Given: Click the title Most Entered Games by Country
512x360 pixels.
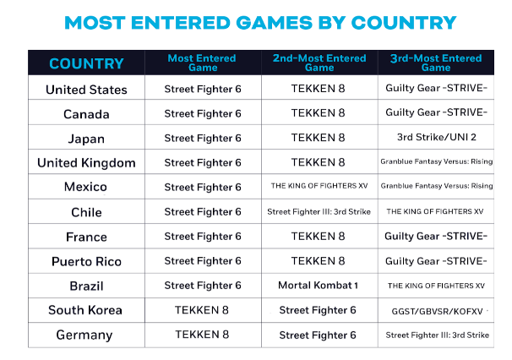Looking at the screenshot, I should click(x=260, y=22).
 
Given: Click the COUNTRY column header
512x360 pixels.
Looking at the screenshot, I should click(x=86, y=63).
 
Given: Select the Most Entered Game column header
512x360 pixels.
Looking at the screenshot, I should click(x=203, y=63).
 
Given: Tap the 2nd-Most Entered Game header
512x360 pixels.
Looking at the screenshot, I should click(x=319, y=63).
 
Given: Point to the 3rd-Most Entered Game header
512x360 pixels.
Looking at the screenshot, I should click(x=436, y=63).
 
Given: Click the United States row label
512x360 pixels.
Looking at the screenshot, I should click(x=86, y=89).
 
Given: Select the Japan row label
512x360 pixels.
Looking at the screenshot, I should click(x=86, y=138).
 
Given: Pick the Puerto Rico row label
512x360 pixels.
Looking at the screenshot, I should click(x=86, y=261).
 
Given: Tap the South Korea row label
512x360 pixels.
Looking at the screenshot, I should click(x=86, y=310).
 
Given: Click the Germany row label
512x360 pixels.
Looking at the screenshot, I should click(x=86, y=335).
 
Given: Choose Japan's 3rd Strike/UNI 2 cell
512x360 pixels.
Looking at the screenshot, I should click(x=436, y=138).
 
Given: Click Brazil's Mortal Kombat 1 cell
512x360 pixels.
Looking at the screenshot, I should click(x=319, y=286).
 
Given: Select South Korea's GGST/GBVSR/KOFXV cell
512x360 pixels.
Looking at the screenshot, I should click(x=436, y=311).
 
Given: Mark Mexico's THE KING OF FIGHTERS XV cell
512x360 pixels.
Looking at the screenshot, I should click(x=319, y=187).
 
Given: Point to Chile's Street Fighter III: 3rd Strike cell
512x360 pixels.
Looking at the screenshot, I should click(x=319, y=212).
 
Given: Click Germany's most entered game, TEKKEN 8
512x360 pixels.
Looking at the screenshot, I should click(x=203, y=335).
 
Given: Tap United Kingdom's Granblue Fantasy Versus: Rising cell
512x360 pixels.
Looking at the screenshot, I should click(x=436, y=162).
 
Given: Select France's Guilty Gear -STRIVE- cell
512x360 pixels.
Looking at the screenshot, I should click(x=436, y=237).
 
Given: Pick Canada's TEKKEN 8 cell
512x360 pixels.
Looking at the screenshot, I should click(x=319, y=113).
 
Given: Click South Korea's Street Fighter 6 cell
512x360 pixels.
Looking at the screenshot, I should click(x=319, y=310).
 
